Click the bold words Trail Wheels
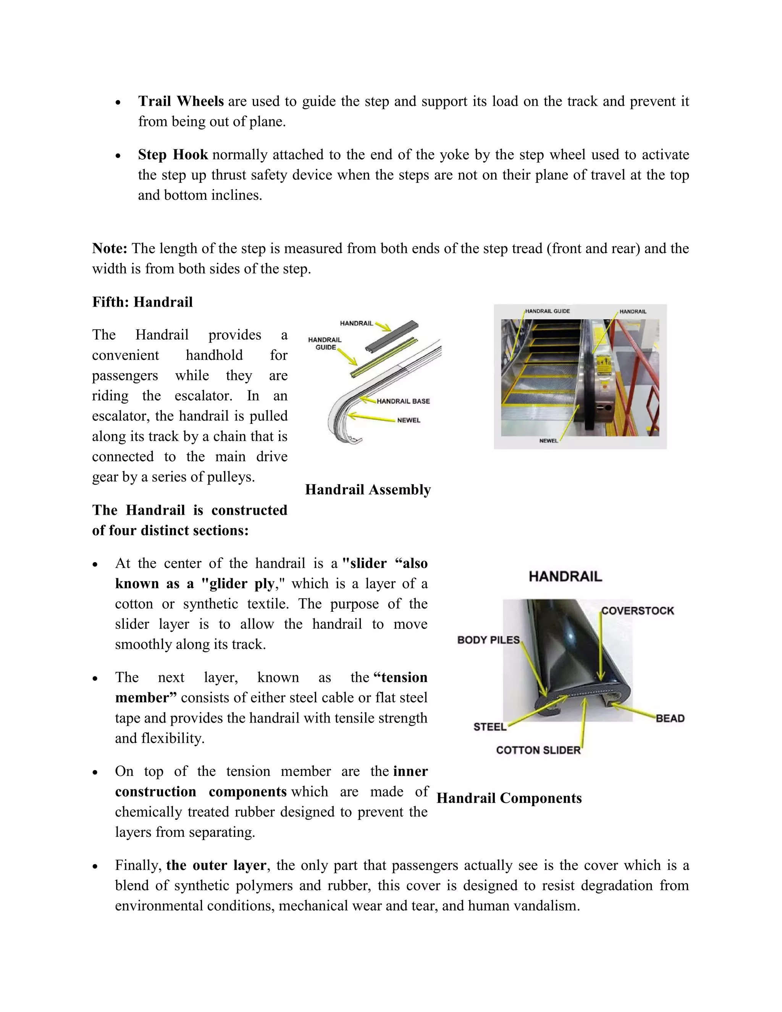coord(181,101)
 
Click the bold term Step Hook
coord(173,154)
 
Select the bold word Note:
coord(109,248)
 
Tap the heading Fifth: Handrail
coord(142,302)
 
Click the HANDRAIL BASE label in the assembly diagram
coord(403,401)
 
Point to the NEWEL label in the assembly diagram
coord(409,420)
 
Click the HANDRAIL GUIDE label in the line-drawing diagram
coord(325,343)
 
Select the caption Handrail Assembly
coord(368,490)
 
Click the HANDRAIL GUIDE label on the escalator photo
coord(547,311)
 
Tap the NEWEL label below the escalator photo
coord(549,441)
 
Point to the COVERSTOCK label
coord(637,611)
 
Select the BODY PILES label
coord(488,640)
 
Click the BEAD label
coord(670,718)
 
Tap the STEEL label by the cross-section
coord(490,727)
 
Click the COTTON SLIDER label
coord(538,750)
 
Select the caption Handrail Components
coord(509,799)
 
